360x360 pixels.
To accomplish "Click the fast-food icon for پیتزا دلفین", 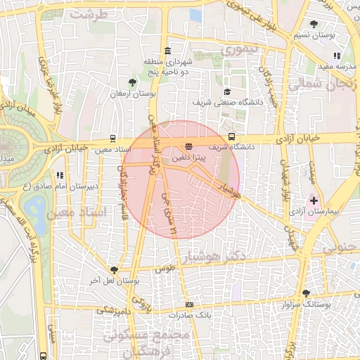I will [x=188, y=146].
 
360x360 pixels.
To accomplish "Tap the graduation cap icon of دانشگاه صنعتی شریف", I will [x=226, y=91].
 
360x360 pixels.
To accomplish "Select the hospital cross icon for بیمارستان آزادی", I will [x=314, y=200].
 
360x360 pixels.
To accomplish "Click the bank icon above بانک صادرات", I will [x=188, y=304].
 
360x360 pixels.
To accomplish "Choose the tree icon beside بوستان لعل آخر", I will [x=114, y=270].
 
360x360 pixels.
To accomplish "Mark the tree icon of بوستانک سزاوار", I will [x=305, y=293].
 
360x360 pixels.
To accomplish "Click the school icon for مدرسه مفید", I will [x=337, y=56].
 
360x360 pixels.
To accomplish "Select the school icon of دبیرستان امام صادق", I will [x=60, y=175].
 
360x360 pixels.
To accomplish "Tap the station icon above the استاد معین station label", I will [x=113, y=139].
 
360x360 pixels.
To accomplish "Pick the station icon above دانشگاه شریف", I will [x=231, y=137].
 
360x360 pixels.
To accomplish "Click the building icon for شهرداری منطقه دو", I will [x=167, y=51].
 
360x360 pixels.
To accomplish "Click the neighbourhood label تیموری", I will [x=240, y=51].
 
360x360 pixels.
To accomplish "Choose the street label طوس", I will [x=163, y=269].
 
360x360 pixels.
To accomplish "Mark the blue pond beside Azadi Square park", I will [x=33, y=207].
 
